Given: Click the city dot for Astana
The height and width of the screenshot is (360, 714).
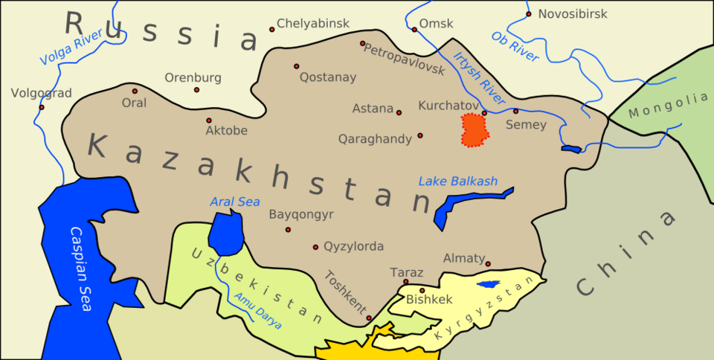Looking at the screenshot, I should pos(399,113).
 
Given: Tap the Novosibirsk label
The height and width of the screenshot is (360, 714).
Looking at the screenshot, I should pos(573,14).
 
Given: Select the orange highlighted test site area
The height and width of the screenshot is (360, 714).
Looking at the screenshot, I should pos(475,130).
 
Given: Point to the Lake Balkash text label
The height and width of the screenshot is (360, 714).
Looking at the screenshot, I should pos(457,181).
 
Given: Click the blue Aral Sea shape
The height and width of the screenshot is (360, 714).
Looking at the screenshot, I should pos(225,232).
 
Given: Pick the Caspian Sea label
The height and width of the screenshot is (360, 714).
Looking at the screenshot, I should pos(80,268).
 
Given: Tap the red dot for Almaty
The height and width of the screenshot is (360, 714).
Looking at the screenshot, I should pos(488,263).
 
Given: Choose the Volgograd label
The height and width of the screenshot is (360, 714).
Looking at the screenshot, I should pos(41,94).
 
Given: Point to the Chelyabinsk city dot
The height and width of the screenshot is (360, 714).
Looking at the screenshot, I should pos(272,30).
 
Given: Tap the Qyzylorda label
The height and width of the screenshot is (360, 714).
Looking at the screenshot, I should pos(353,246).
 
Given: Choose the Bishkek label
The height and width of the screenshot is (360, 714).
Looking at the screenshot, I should pos(429,299).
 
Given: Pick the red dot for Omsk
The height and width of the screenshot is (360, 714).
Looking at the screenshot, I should pos(414,30).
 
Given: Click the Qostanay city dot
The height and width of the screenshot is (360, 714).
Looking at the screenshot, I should pos(296,66).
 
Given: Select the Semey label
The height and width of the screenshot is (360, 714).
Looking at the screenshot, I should pos(526,125).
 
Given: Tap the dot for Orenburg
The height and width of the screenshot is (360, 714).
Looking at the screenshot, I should pos(196,90).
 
